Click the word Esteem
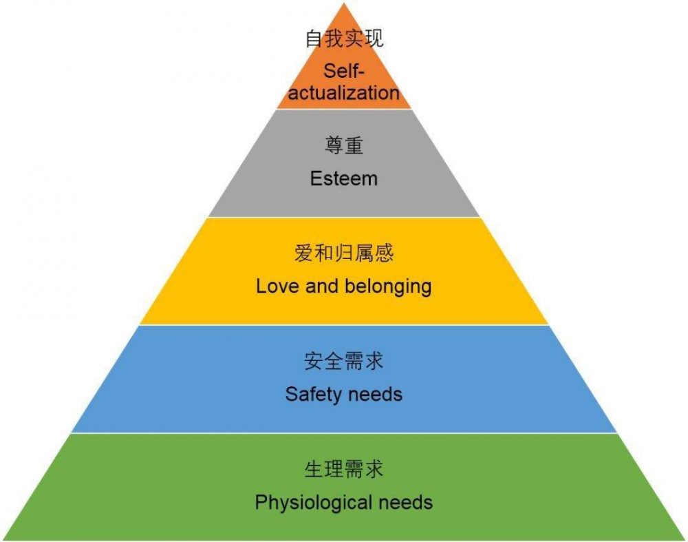[x=343, y=179]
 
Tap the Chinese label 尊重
[x=344, y=145]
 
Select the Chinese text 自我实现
[x=345, y=38]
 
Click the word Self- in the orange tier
[x=344, y=71]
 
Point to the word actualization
[x=344, y=93]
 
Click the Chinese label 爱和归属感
[x=344, y=253]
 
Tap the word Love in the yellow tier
[x=278, y=286]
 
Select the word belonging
[x=388, y=286]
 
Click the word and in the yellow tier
[x=323, y=286]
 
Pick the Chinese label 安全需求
[x=344, y=361]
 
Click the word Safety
[x=313, y=394]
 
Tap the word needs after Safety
[x=374, y=395]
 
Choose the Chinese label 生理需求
[x=344, y=468]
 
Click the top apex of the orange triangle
[x=344, y=3]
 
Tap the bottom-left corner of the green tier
[x=3, y=540]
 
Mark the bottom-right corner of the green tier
[x=685, y=540]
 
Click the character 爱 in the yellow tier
[x=303, y=253]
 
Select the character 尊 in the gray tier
[x=334, y=145]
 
